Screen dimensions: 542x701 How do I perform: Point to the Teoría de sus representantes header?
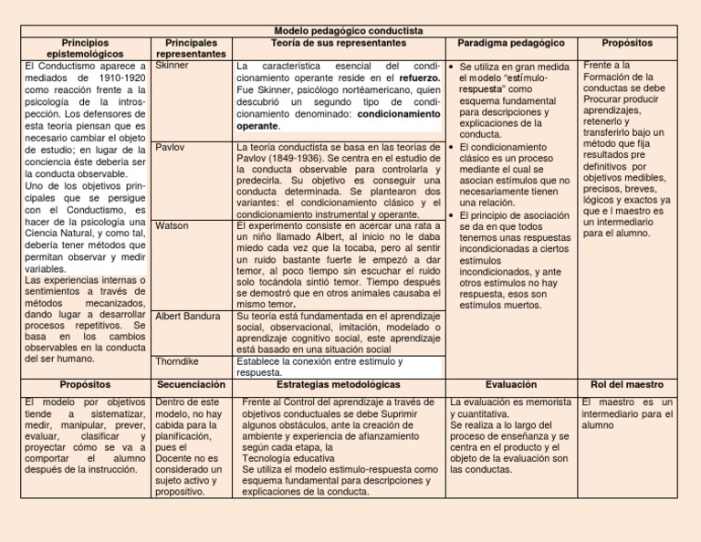coord(339,43)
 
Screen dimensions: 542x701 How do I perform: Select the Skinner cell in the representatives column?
coord(173,67)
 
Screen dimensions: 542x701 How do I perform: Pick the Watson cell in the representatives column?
coord(173,224)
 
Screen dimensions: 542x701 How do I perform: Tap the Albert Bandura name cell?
coord(188,316)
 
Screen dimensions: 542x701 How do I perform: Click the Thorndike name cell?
coord(179,361)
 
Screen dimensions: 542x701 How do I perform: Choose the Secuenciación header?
coord(190,385)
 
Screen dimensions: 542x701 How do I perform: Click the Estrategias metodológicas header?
coord(339,385)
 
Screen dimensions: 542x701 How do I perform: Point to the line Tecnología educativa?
coord(288,458)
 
